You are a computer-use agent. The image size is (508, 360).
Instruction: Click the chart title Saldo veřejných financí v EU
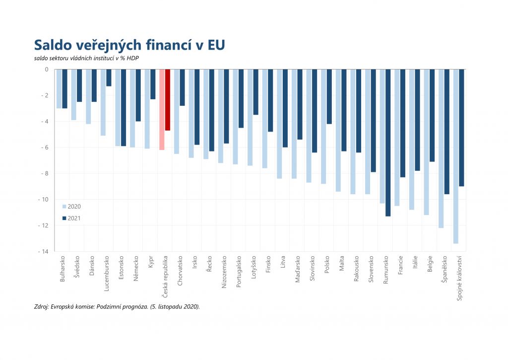pyautogui.click(x=129, y=45)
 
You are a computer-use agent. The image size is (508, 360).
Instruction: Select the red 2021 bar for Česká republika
pyautogui.click(x=168, y=100)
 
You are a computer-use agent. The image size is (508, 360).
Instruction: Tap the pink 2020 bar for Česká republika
pyautogui.click(x=162, y=109)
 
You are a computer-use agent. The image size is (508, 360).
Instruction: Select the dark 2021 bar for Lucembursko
pyautogui.click(x=109, y=78)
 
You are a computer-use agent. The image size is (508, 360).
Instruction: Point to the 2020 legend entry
pyautogui.click(x=71, y=206)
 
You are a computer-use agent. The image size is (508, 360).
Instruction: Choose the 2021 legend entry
pyautogui.click(x=71, y=218)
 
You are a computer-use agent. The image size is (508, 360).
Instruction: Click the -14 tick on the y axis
pyautogui.click(x=44, y=252)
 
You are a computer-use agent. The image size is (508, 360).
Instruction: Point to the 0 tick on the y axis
pyautogui.click(x=46, y=70)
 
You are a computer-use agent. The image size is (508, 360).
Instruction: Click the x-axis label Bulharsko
pyautogui.click(x=62, y=270)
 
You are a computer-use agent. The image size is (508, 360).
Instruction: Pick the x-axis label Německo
pyautogui.click(x=135, y=269)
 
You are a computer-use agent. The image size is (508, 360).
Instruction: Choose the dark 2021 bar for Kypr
pyautogui.click(x=153, y=84)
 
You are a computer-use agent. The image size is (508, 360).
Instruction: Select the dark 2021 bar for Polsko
pyautogui.click(x=329, y=97)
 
